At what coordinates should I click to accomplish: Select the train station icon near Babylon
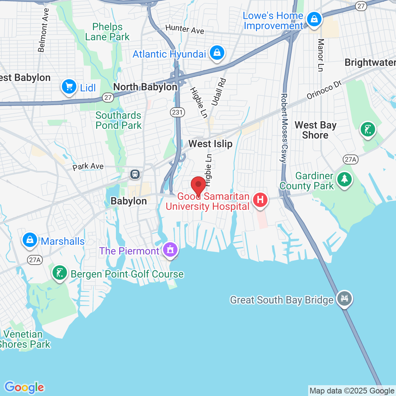[135, 174]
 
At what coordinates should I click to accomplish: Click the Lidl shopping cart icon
[69, 86]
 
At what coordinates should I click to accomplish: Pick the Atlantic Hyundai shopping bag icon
[217, 53]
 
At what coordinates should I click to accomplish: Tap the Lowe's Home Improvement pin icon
[314, 20]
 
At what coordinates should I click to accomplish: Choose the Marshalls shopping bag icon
[30, 239]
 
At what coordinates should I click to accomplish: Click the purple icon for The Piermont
[170, 249]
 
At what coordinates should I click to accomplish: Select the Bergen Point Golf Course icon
[59, 273]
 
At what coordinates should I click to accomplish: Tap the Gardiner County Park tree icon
[345, 179]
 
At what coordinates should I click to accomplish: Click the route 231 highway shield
[177, 112]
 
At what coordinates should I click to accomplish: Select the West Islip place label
[211, 144]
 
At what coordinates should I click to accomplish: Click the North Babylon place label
[145, 87]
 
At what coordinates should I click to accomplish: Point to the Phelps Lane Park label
[107, 32]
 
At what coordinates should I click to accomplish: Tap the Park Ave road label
[88, 166]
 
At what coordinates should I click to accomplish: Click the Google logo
[24, 387]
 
